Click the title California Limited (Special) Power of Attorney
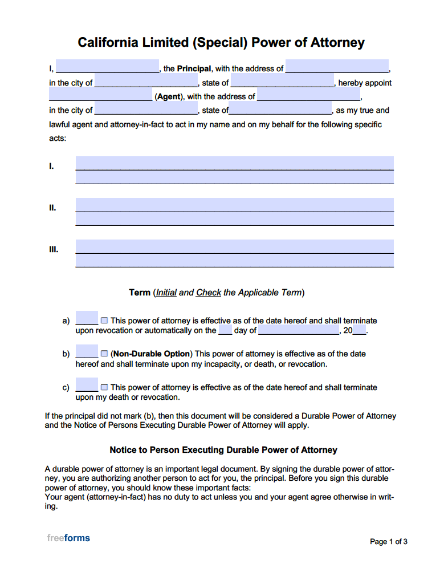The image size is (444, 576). tap(221, 43)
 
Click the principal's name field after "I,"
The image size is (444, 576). tap(107, 67)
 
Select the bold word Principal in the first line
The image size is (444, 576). tap(194, 68)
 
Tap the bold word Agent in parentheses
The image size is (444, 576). tap(169, 97)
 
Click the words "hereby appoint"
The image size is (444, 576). tap(365, 83)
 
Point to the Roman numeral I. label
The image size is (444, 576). tap(52, 167)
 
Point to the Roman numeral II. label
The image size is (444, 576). tap(52, 208)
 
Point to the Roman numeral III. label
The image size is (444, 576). tap(54, 249)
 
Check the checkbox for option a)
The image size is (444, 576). tap(104, 321)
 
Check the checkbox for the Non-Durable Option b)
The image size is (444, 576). tap(104, 354)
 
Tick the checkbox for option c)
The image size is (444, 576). tap(104, 387)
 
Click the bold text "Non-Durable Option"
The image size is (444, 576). tap(152, 354)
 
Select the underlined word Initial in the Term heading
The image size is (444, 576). tap(166, 293)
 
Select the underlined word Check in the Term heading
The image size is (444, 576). tap(208, 293)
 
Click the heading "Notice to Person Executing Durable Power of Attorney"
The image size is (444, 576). tap(223, 450)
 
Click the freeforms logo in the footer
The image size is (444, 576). tap(68, 538)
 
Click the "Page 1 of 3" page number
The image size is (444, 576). tap(388, 542)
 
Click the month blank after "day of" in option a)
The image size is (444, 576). tap(299, 330)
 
